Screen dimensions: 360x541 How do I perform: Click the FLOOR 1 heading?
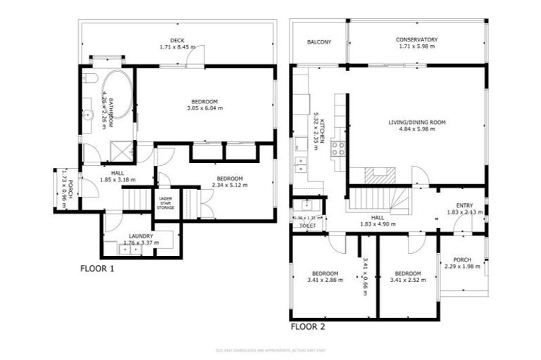tap(97, 268)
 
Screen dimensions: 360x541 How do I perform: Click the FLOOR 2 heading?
tap(308, 326)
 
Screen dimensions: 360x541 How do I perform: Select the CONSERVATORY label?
tap(417, 40)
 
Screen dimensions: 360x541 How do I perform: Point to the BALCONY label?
tap(319, 42)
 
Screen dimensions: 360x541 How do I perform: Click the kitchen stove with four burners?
tap(338, 148)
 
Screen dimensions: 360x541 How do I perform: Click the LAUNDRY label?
tap(141, 236)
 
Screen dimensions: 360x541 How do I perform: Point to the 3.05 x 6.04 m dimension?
tap(205, 108)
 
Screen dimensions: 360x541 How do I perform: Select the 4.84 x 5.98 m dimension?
tap(417, 129)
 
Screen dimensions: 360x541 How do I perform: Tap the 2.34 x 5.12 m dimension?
tap(230, 186)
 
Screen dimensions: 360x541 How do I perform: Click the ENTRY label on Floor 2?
tap(463, 205)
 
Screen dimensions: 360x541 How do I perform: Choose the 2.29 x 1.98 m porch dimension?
tap(463, 266)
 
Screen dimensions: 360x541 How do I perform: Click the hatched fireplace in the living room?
tap(378, 176)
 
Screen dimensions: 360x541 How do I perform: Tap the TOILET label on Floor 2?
tap(307, 226)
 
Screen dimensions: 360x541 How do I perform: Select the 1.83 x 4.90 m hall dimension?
tap(378, 224)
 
